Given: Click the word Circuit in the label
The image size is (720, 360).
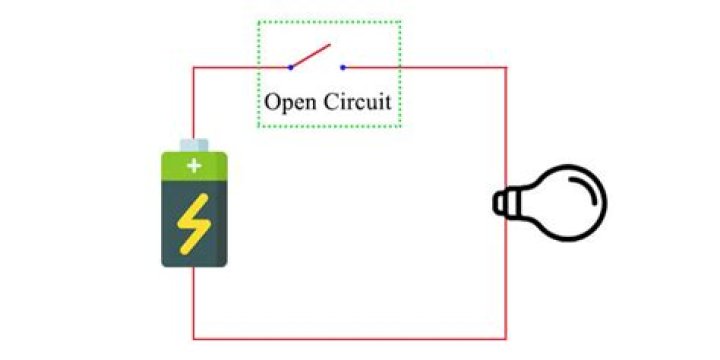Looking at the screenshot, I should coord(356,102).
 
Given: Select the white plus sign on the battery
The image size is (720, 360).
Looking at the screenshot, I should coord(194,166).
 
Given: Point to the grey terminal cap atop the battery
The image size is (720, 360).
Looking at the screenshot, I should coord(194,144).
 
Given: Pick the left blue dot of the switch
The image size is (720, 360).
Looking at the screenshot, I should coord(290,67).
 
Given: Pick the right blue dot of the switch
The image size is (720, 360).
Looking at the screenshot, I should coord(343,67).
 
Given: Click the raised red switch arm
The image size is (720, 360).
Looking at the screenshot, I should coord(310,56).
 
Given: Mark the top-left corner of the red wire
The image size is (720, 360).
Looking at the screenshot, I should coord(193,67).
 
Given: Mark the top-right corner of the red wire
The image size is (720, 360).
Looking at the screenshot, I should coord(506,67).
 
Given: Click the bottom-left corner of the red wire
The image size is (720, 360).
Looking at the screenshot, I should coord(193,338).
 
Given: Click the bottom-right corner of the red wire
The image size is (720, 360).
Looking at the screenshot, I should coord(506,338).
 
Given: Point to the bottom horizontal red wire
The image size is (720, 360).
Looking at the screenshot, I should coord(350,338).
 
